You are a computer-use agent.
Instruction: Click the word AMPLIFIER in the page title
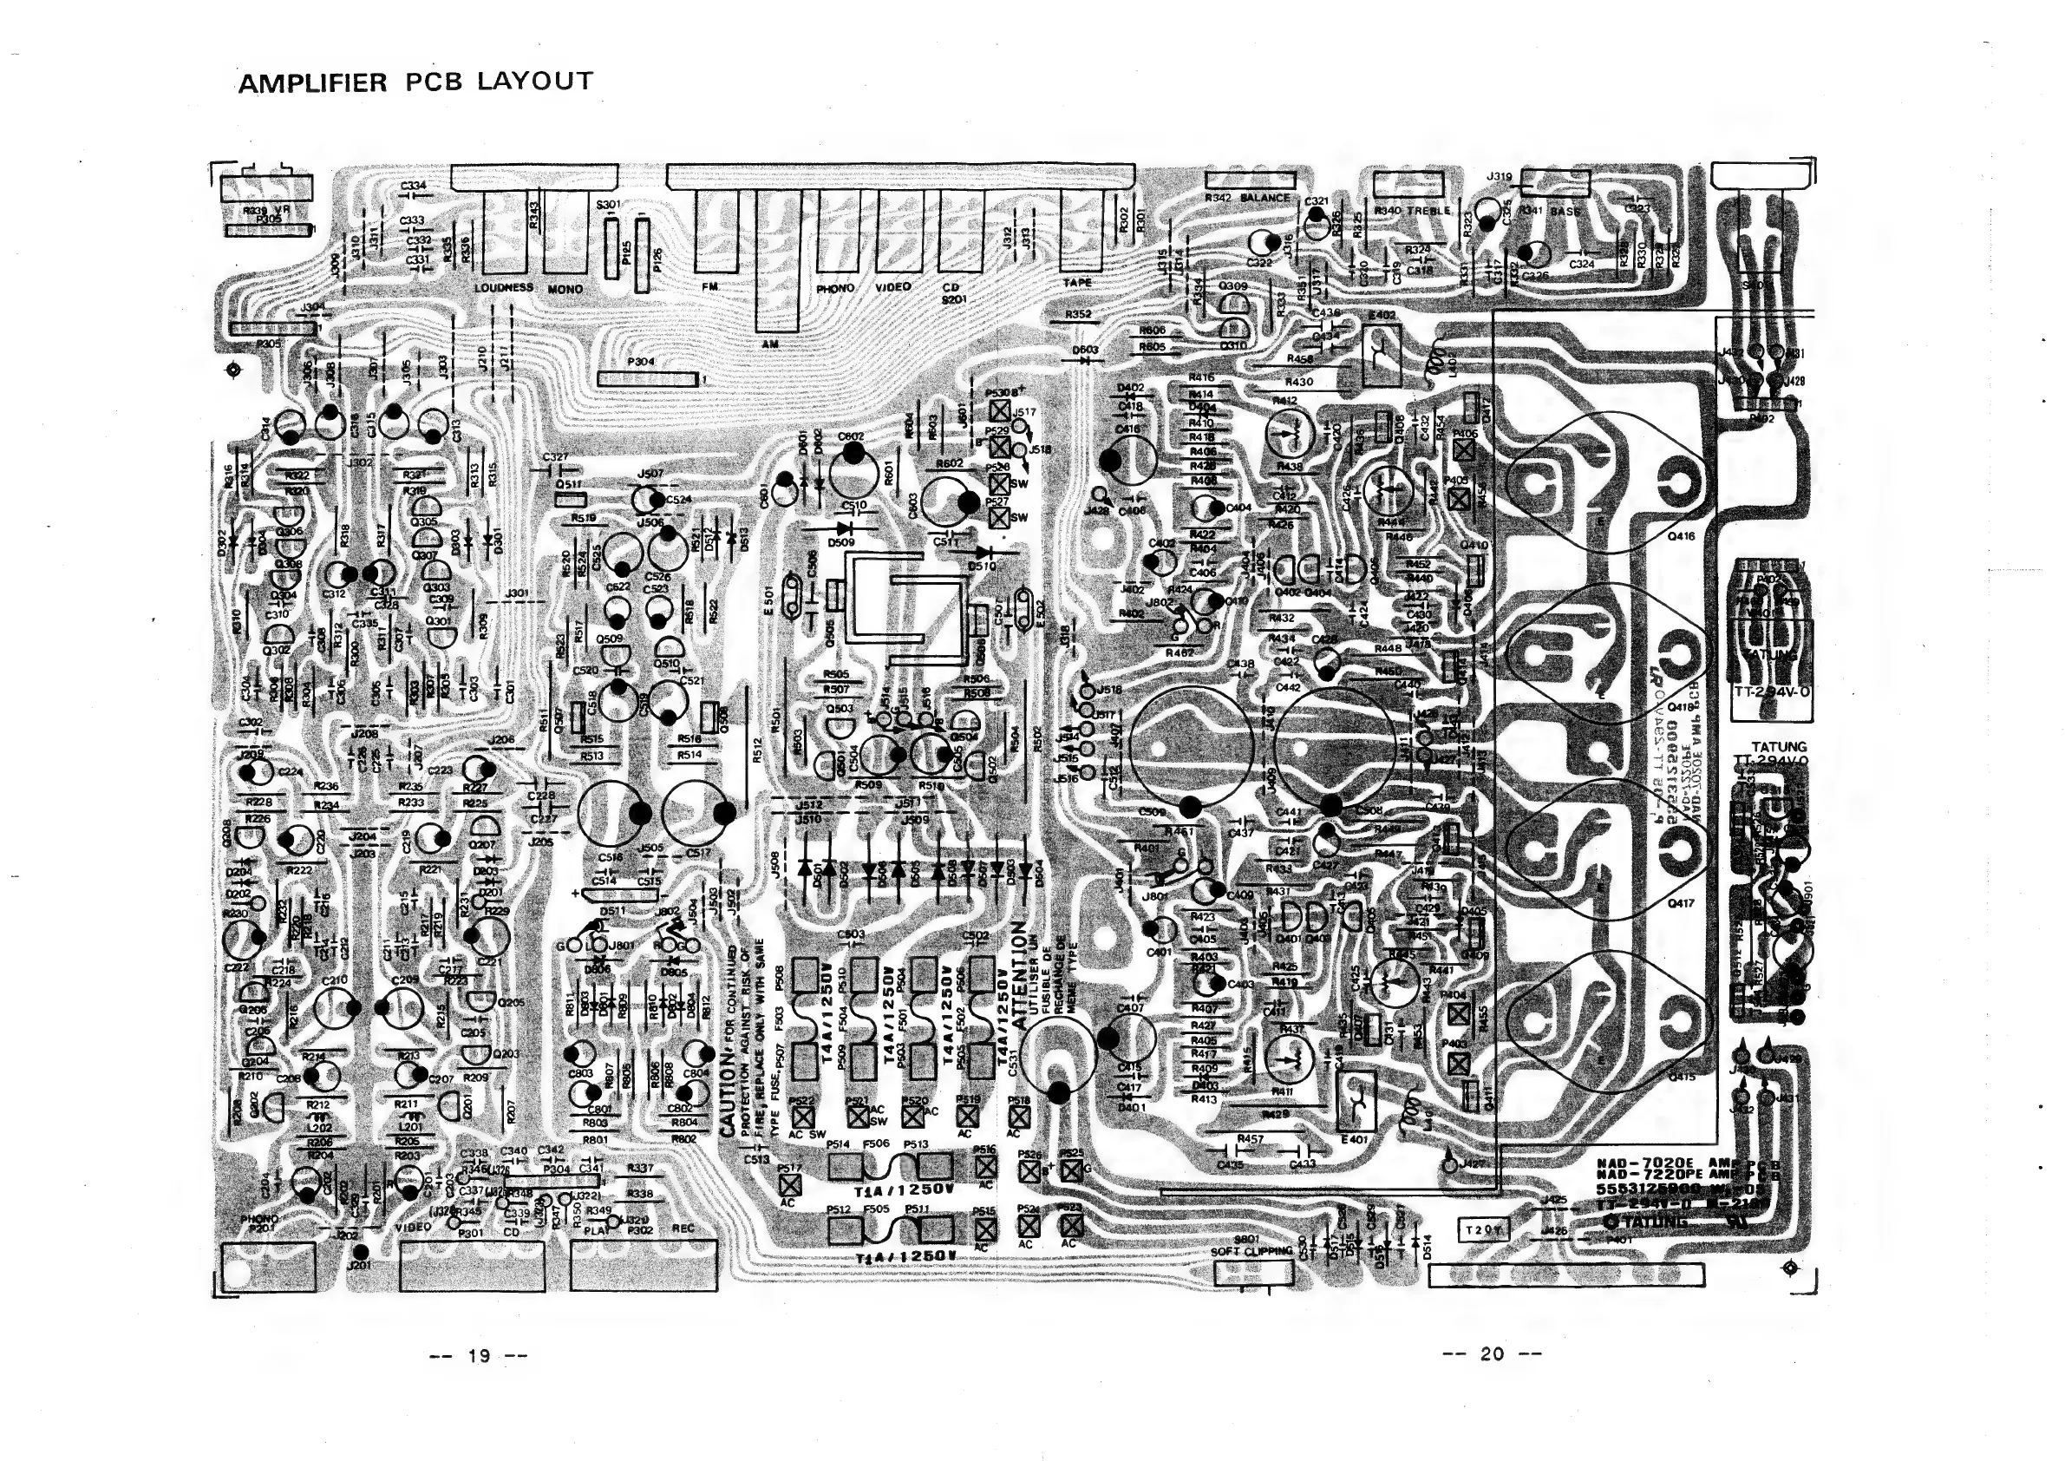312,83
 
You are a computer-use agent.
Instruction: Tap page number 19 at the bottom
479,1355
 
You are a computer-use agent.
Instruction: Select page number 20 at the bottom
1491,1353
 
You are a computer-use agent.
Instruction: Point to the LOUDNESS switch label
504,288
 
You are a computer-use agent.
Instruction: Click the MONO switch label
565,290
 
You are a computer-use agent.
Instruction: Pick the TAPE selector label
1076,282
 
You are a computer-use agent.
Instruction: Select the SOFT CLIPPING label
1249,1251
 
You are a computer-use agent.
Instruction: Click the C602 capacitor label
850,437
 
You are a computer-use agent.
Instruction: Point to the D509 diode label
841,543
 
